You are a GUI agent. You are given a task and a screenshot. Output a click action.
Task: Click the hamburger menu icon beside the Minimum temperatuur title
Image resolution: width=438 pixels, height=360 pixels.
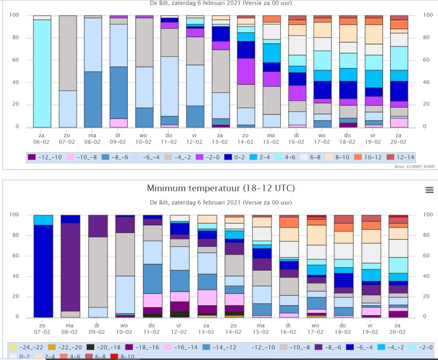[x=429, y=190]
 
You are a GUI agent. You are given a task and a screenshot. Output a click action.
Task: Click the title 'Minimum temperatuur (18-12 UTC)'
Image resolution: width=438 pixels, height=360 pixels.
[x=221, y=188]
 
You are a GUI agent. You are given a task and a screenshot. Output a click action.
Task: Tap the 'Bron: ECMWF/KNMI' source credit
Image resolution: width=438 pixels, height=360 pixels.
[x=414, y=166]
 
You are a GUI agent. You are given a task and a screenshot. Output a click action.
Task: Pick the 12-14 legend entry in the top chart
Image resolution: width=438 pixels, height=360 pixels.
[x=400, y=157]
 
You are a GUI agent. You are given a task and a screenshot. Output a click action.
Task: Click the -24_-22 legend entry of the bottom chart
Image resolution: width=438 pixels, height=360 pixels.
[x=26, y=348]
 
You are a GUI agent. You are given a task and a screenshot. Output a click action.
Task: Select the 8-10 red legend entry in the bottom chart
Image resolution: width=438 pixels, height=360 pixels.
[x=122, y=357]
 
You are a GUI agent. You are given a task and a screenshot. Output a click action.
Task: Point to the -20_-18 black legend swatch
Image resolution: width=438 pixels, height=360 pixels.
[x=90, y=348]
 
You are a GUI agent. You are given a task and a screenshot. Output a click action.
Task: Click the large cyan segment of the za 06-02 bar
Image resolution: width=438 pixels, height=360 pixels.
[x=42, y=74]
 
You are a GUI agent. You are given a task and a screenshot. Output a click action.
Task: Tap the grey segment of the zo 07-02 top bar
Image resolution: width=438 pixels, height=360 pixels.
[x=68, y=53]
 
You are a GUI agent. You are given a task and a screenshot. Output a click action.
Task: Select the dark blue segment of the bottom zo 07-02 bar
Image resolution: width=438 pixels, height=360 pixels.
[x=43, y=271]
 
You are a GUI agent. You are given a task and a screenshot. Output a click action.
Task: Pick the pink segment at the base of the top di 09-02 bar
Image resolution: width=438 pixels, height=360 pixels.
[x=119, y=123]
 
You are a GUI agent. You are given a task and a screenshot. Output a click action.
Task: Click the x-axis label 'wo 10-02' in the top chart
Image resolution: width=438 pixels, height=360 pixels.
[x=143, y=139]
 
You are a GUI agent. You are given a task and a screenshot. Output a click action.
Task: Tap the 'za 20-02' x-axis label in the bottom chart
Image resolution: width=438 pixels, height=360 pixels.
[x=397, y=329]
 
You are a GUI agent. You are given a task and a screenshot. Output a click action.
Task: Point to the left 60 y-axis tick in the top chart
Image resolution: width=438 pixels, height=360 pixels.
[x=15, y=60]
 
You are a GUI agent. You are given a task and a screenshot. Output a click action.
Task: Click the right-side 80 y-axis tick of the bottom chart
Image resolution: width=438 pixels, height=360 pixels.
[x=426, y=235]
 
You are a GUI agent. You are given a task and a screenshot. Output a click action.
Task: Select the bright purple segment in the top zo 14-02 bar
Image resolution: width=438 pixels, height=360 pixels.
[x=246, y=71]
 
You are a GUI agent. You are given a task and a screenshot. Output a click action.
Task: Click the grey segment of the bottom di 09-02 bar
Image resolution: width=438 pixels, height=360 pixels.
[x=98, y=272]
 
